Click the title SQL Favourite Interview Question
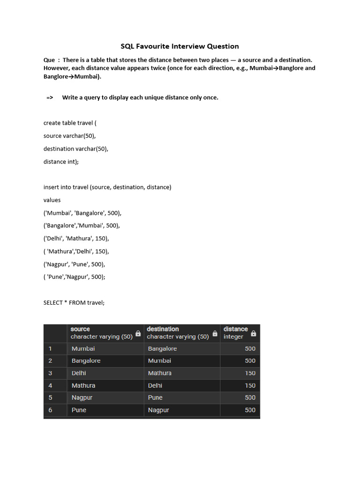[x=180, y=46]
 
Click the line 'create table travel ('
[x=70, y=123]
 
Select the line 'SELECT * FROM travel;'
[x=74, y=303]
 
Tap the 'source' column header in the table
[x=80, y=329]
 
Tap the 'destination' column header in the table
[x=163, y=329]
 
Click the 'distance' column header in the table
[x=235, y=329]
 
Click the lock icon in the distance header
[x=254, y=333]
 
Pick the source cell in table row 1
[x=83, y=349]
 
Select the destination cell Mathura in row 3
[x=160, y=373]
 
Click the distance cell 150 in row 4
[x=250, y=385]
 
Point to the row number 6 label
[x=50, y=410]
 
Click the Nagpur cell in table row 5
[x=82, y=397]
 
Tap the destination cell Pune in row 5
[x=155, y=397]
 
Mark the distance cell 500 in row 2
[x=250, y=361]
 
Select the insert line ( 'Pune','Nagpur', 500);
[x=75, y=277]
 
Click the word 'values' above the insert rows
[x=52, y=200]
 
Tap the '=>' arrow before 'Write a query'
[x=50, y=97]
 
